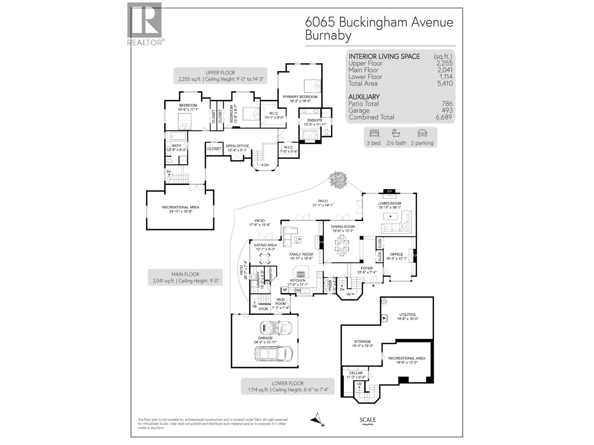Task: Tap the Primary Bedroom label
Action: [300, 97]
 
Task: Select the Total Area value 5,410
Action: [445, 83]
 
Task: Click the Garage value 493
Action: [447, 111]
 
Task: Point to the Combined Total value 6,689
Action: [444, 117]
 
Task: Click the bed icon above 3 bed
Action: [373, 133]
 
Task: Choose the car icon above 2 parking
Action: [422, 133]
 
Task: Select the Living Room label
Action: [389, 203]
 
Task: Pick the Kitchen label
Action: [298, 280]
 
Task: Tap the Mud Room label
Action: [281, 301]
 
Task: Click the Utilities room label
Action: [407, 314]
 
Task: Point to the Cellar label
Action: [356, 373]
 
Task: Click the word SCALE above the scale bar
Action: [368, 420]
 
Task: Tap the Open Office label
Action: [237, 146]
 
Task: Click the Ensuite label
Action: [315, 120]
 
